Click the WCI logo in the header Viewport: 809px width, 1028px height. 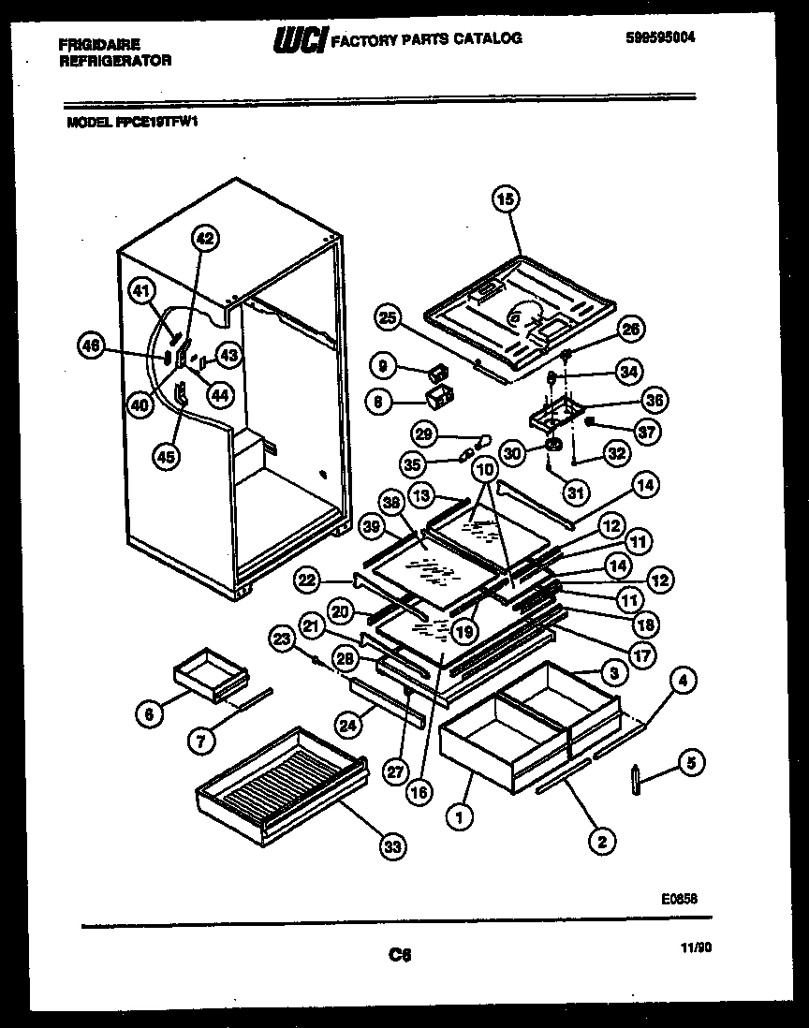pos(299,40)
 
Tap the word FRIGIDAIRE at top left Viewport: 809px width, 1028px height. pos(99,44)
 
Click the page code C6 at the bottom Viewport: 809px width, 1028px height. pos(400,955)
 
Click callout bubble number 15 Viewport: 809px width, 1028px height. pos(506,198)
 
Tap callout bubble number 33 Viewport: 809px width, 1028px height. pos(392,847)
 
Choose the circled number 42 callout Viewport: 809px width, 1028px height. pos(205,239)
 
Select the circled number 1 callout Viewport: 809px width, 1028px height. pos(460,817)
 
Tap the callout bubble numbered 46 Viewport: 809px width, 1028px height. pos(91,345)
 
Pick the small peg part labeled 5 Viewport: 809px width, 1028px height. pos(637,779)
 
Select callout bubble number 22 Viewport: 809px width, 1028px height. pos(306,581)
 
